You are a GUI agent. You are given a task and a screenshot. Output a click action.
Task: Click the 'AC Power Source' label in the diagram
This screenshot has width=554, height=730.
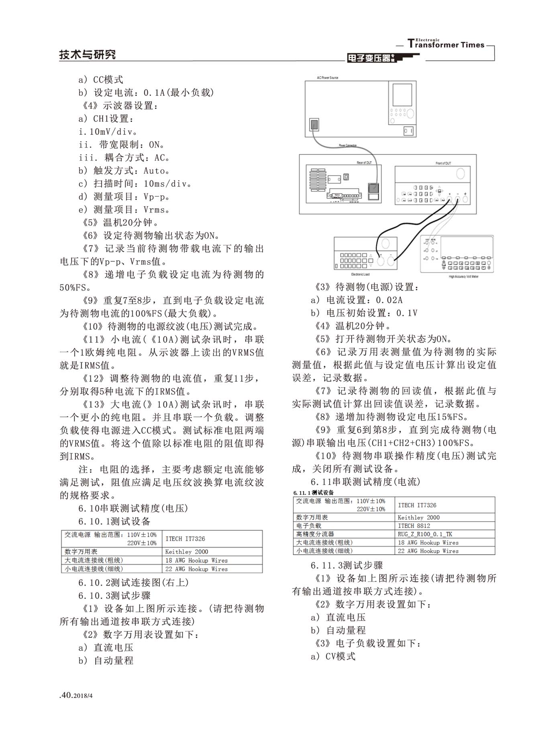pyautogui.click(x=328, y=77)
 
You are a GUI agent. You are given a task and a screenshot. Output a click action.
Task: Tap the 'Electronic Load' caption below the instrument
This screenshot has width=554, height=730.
pyautogui.click(x=360, y=274)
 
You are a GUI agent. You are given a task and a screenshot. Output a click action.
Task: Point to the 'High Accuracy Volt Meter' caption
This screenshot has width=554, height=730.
pyautogui.click(x=464, y=276)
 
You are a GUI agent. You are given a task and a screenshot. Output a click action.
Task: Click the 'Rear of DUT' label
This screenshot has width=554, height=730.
pyautogui.click(x=364, y=162)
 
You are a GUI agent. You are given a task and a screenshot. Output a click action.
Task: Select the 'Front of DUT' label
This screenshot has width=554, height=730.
pyautogui.click(x=443, y=163)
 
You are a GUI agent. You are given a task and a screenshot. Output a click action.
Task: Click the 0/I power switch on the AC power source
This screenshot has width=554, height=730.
pyautogui.click(x=408, y=131)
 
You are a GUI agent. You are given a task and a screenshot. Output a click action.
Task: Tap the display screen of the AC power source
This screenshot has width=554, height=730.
pyautogui.click(x=402, y=95)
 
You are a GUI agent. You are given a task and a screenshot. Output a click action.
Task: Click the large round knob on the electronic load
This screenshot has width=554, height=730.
pyautogui.click(x=385, y=243)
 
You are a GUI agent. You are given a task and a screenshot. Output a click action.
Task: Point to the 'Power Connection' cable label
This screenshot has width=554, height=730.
pyautogui.click(x=348, y=145)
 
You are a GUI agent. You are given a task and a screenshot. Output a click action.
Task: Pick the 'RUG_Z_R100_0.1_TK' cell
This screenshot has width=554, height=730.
pyautogui.click(x=425, y=534)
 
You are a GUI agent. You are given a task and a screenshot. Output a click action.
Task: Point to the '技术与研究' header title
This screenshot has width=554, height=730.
pyautogui.click(x=88, y=54)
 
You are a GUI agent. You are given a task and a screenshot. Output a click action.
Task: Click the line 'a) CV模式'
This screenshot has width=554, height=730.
pyautogui.click(x=333, y=656)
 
